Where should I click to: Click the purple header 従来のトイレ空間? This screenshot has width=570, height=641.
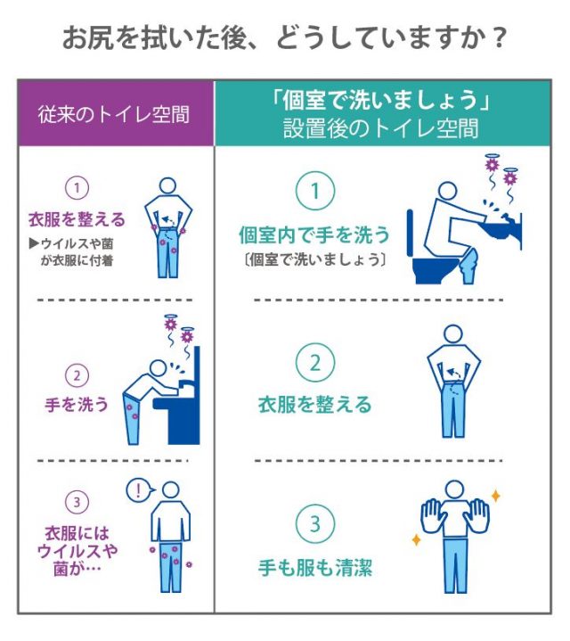[x=114, y=114]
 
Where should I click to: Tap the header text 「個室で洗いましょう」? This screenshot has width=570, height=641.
[x=381, y=100]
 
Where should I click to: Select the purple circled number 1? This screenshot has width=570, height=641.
[x=77, y=188]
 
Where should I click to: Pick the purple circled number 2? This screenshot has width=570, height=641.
[x=77, y=375]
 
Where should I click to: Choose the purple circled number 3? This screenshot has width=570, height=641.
[x=77, y=502]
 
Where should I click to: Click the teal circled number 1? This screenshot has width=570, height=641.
[x=315, y=191]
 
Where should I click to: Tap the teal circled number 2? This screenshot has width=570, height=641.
[x=315, y=363]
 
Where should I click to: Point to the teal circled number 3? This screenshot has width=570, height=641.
[x=315, y=523]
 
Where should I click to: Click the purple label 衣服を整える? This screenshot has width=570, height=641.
[x=77, y=219]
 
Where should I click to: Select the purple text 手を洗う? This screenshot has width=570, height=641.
[x=77, y=405]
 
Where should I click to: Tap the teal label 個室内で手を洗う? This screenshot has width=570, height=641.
[x=314, y=235]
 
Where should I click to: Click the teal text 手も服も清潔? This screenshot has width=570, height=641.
[x=315, y=568]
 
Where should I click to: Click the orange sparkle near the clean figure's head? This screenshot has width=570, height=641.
[x=496, y=497]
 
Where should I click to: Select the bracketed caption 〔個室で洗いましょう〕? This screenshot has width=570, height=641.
[x=314, y=259]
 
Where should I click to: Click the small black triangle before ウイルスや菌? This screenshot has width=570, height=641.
[x=34, y=244]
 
